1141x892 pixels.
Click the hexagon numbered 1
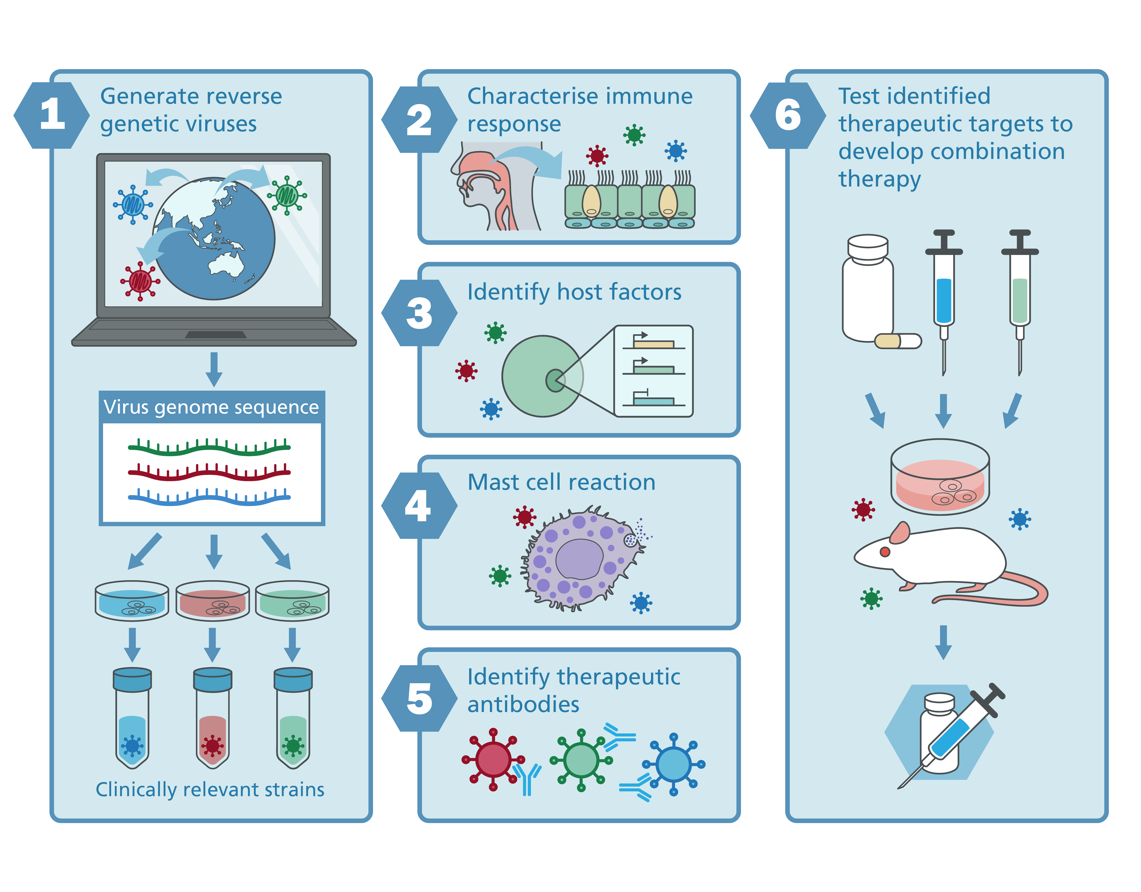click(52, 115)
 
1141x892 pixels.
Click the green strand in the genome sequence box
click(209, 447)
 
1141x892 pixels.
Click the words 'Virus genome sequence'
click(211, 407)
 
